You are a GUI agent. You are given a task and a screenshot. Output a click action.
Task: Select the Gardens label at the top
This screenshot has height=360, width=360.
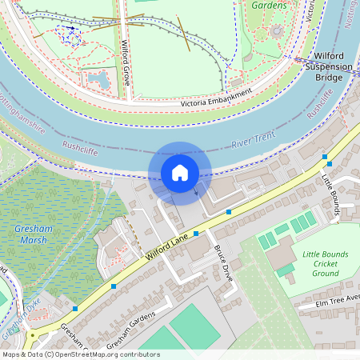pyautogui.click(x=269, y=5)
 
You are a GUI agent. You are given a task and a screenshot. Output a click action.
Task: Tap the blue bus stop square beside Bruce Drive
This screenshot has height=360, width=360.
pyautogui.click(x=196, y=234)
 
